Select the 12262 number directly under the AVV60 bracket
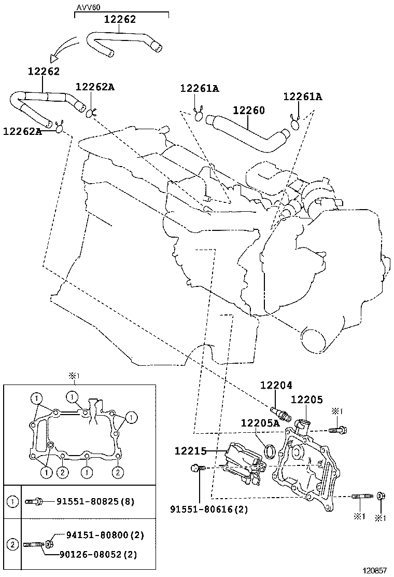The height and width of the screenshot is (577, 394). tap(120, 20)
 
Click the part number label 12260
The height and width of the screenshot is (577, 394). tap(248, 111)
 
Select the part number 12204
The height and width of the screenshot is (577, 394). tap(276, 386)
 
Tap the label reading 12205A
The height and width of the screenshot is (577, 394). tap(260, 423)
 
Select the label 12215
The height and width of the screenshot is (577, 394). tap(190, 452)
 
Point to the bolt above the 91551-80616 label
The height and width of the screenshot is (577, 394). tap(196, 468)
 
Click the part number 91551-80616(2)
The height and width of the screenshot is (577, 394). tap(208, 510)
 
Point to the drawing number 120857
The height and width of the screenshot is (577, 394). tap(374, 570)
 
